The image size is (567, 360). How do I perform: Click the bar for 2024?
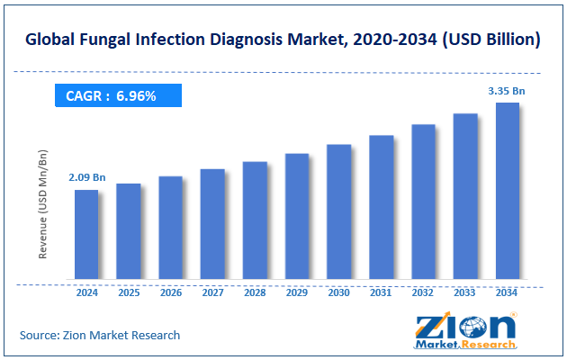(86, 234)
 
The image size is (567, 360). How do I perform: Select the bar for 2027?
(212, 224)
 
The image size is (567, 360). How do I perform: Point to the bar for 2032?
(423, 202)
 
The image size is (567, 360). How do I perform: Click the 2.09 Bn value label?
(86, 178)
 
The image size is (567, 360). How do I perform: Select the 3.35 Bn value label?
(507, 91)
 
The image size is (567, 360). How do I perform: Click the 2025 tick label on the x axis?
(129, 292)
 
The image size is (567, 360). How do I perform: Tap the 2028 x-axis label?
(255, 292)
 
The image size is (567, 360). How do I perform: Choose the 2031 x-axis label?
(381, 292)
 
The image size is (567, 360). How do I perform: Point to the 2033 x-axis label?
(465, 292)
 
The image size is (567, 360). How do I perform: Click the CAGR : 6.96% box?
(118, 95)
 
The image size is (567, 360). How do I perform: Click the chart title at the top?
(283, 40)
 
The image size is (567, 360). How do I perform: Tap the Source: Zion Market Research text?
(100, 335)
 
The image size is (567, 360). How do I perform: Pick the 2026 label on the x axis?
(171, 292)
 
